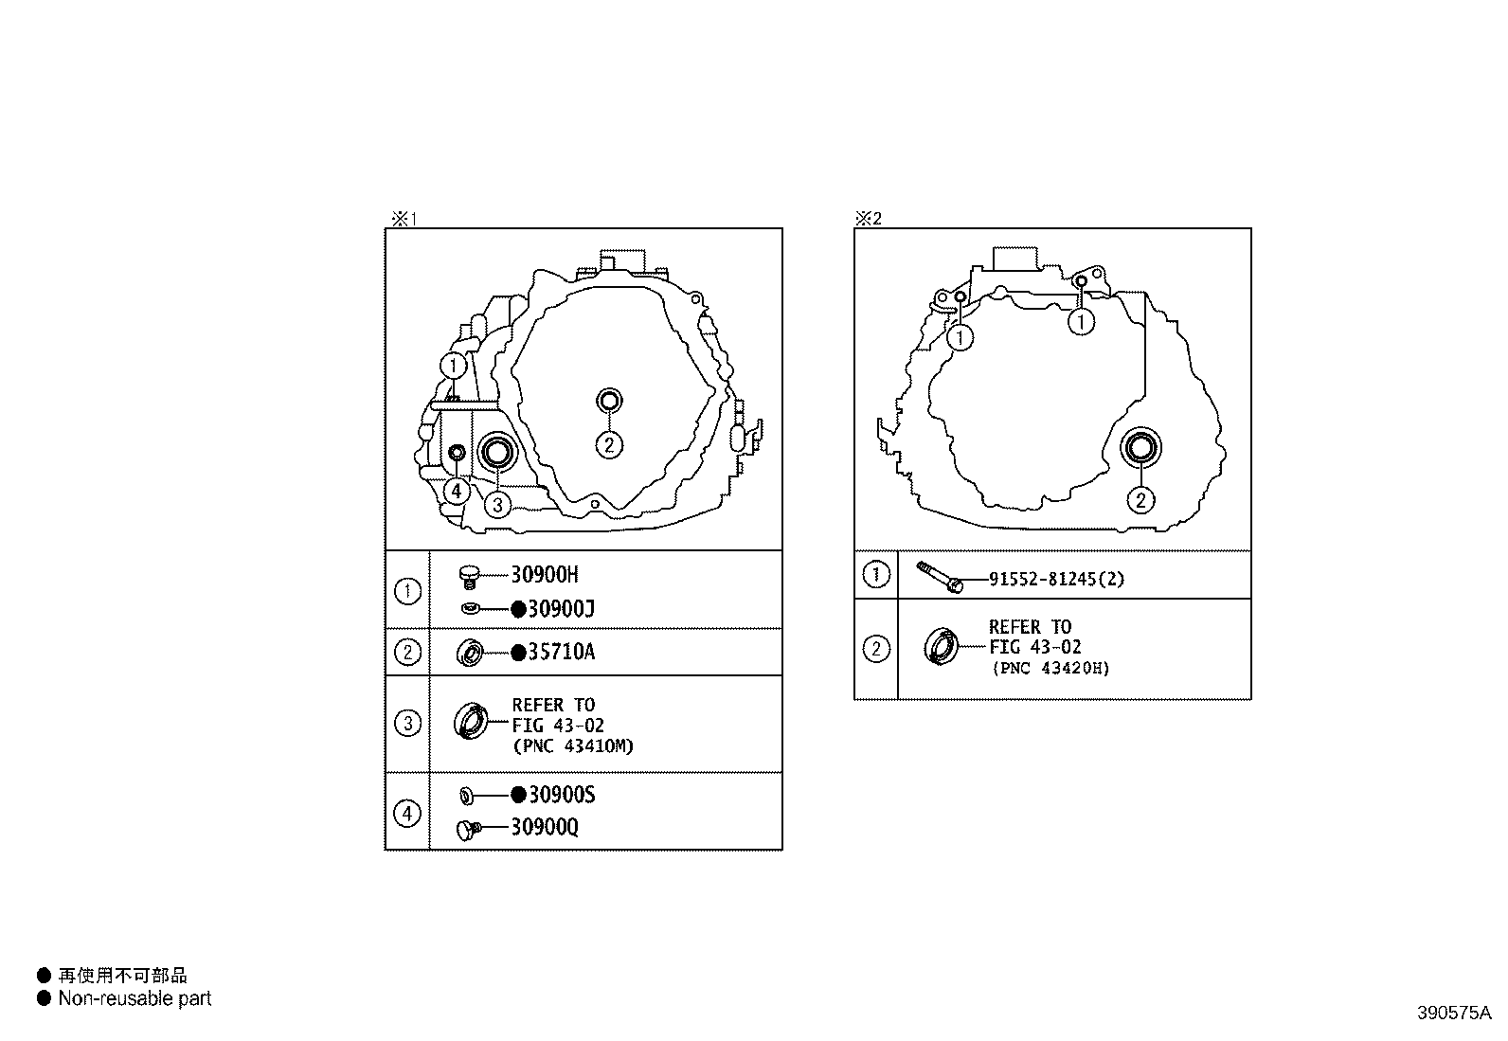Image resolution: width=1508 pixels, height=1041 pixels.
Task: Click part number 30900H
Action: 544,574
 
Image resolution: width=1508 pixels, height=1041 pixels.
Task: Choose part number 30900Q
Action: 544,828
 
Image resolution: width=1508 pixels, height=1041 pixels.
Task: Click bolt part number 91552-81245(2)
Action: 1056,579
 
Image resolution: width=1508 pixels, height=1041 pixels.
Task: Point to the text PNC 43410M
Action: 573,745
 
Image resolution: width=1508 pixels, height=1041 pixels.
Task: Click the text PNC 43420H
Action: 1050,668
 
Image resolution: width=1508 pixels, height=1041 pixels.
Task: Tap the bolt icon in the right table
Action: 940,576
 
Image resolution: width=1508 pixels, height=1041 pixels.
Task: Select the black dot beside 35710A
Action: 518,653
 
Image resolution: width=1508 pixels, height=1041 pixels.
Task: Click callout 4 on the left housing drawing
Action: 457,491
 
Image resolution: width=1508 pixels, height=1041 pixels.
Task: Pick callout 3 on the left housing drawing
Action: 497,504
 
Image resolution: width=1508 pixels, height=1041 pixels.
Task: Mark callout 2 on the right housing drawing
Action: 1140,499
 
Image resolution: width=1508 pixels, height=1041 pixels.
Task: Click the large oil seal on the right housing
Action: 1140,448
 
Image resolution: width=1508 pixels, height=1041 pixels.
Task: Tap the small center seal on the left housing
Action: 609,401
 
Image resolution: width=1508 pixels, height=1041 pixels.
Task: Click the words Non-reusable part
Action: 135,998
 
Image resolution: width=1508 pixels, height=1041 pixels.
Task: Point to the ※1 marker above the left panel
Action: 404,219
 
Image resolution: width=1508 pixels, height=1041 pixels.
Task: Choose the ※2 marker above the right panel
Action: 869,219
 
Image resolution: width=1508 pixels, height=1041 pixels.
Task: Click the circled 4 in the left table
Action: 407,813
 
